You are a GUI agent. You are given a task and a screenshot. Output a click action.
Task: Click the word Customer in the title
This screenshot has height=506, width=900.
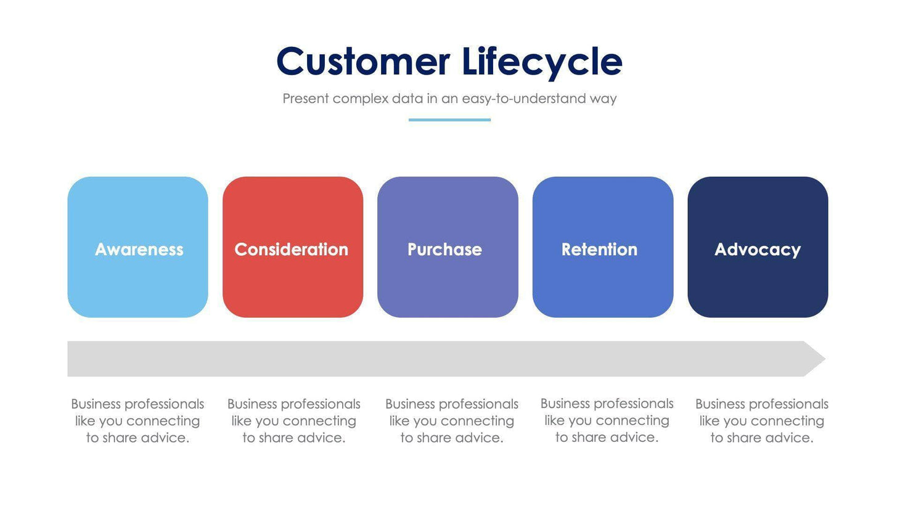pos(363,62)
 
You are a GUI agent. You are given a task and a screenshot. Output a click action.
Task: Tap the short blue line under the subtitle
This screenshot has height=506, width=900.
pos(449,120)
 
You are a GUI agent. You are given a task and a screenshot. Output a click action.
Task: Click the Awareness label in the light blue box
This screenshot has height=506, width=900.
pos(139,249)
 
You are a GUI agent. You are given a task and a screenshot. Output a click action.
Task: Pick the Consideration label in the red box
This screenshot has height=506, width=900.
pos(291,249)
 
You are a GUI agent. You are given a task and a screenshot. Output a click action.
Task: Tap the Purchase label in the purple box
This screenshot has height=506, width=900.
pos(444,249)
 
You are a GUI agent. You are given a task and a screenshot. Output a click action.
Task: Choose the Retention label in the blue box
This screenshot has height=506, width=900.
pos(599,249)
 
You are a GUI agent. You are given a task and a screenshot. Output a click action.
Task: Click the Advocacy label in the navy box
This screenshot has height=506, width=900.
pos(758,249)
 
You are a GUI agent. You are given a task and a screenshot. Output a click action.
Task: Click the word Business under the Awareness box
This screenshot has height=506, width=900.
pos(95,404)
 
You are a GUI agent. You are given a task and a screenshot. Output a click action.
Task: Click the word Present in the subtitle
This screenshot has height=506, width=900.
pos(305,99)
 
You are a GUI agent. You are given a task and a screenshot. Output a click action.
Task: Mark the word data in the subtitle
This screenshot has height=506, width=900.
pos(407,99)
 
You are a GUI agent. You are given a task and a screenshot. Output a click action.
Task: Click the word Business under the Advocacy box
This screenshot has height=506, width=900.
pos(719,404)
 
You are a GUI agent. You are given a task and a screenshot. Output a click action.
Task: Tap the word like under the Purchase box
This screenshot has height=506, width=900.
pos(399,421)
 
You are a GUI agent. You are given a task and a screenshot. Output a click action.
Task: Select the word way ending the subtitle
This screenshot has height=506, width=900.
pos(603,99)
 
